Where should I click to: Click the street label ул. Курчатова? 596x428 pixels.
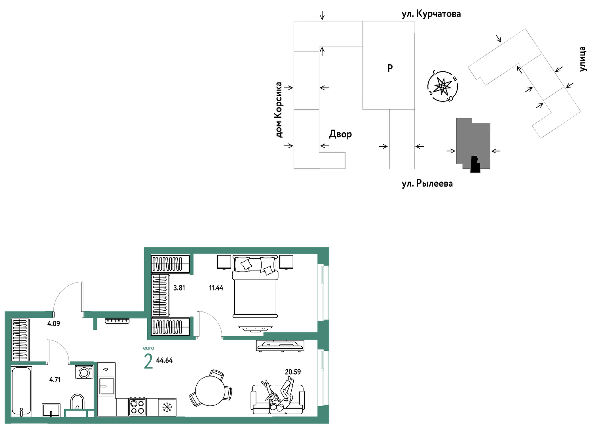point(431,14)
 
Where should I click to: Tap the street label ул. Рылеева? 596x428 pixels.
point(427,183)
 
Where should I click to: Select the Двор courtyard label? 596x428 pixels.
point(340,134)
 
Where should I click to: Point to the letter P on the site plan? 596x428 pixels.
point(390,68)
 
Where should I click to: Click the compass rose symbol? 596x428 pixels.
point(442,86)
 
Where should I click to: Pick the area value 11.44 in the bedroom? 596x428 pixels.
point(216,288)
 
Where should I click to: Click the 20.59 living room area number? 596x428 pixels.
point(293,372)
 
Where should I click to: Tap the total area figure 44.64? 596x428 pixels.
point(164,360)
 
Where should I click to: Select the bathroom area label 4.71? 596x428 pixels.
point(55,380)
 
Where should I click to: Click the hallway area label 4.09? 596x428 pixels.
point(54,324)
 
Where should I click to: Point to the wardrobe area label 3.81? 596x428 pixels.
point(179,288)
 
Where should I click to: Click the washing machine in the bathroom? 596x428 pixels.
point(84,372)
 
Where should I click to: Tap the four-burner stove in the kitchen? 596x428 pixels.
point(138,407)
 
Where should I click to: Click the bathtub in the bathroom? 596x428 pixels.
point(21,392)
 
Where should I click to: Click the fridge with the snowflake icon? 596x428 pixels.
point(167,407)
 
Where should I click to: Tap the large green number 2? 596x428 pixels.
point(148,361)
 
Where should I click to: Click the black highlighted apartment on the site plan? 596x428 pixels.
point(475,165)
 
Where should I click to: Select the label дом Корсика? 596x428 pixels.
point(279,110)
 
